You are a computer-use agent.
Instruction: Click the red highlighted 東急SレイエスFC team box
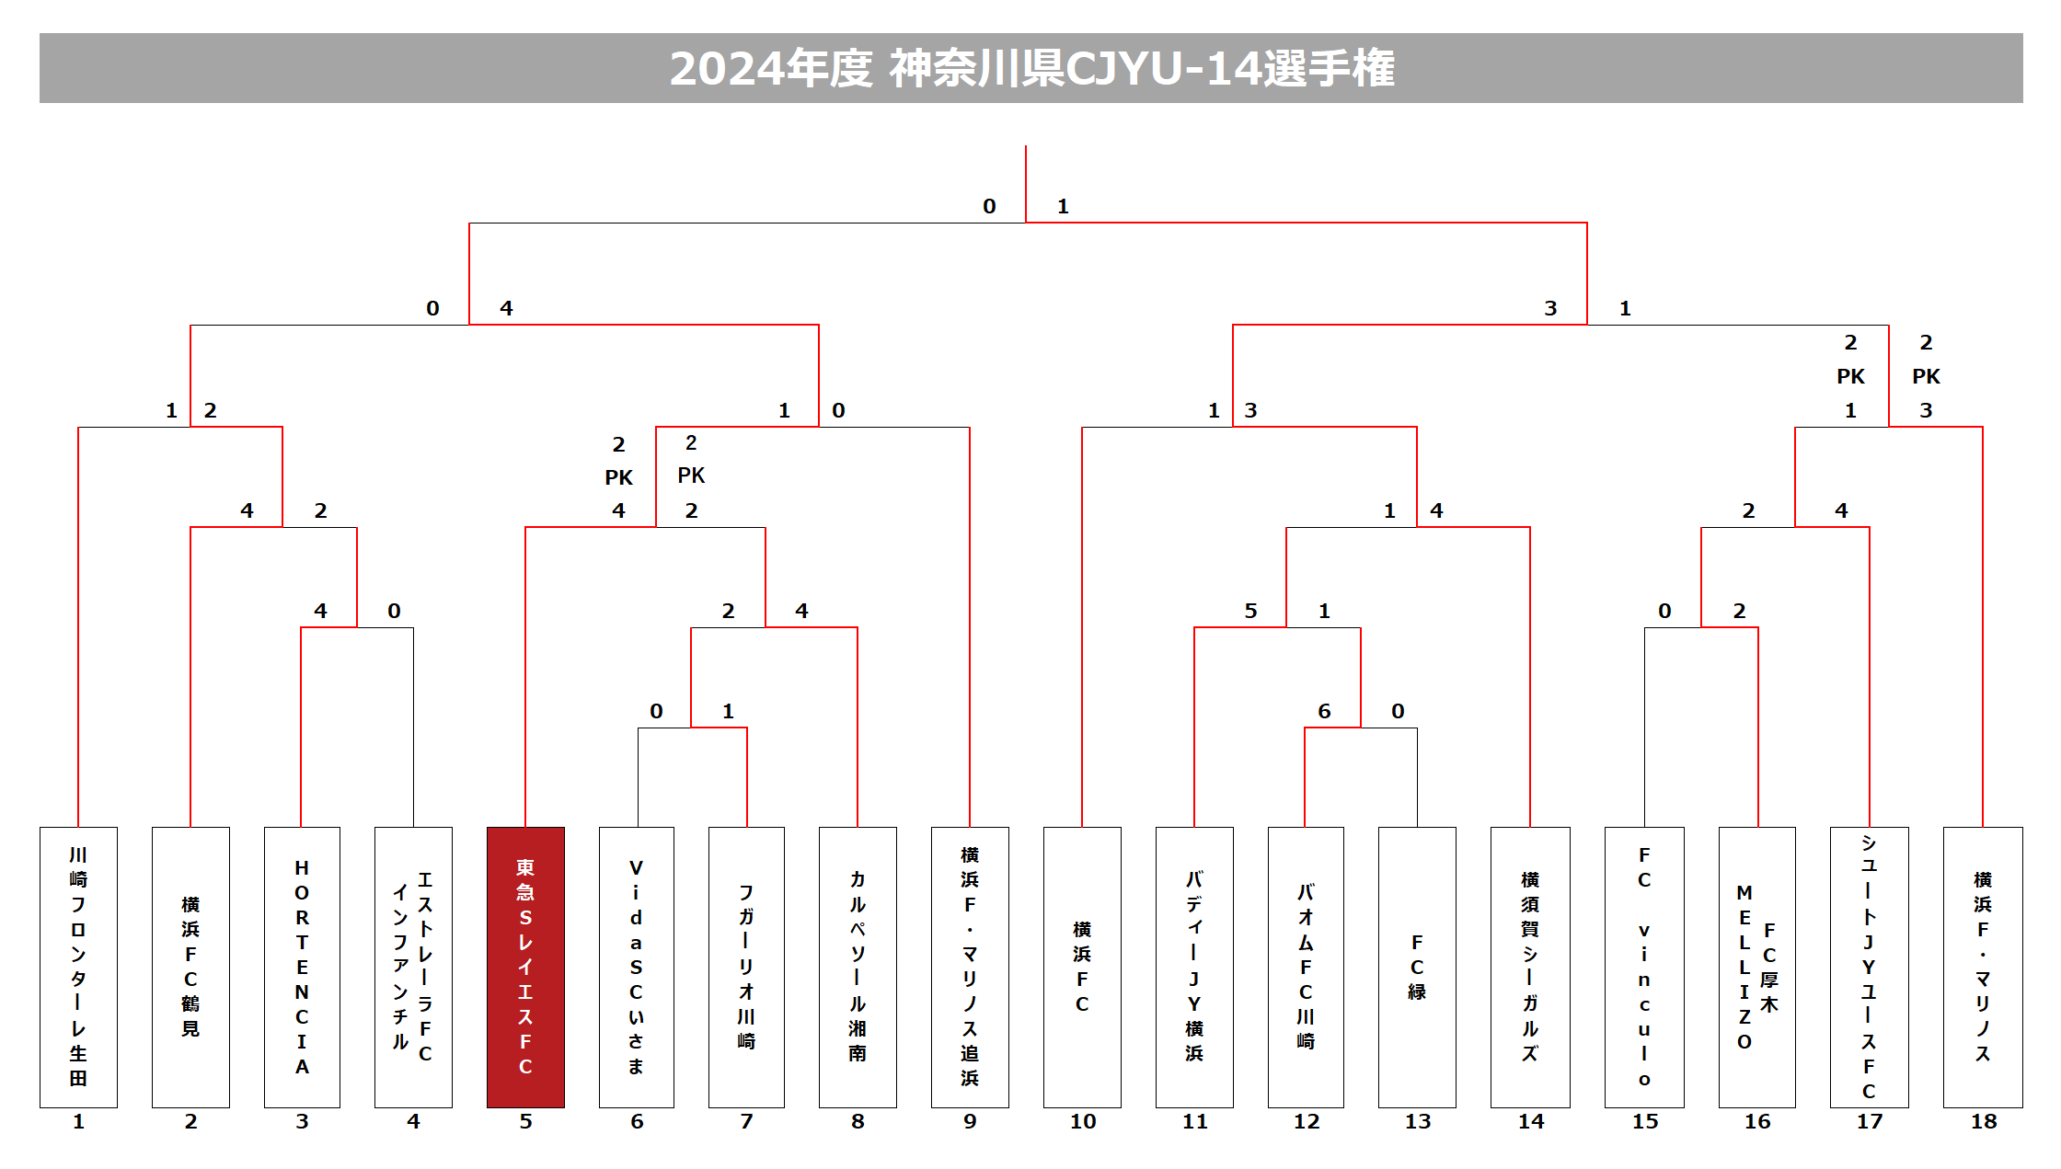click(525, 967)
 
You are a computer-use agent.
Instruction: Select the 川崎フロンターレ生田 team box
click(78, 967)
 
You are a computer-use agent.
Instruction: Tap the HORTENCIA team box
click(302, 967)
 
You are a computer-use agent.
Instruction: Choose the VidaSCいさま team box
click(636, 967)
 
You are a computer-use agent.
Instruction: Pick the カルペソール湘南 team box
click(858, 967)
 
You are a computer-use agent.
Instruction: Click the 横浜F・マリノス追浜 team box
click(970, 967)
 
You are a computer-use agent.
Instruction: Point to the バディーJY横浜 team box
click(1194, 967)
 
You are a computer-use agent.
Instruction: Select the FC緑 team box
click(1417, 967)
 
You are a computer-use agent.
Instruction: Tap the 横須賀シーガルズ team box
click(1530, 967)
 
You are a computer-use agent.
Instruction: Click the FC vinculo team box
click(1644, 967)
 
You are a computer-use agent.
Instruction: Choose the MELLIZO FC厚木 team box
click(1756, 967)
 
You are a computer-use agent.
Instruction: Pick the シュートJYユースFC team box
click(1869, 967)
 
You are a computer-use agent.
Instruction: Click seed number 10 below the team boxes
click(1083, 1121)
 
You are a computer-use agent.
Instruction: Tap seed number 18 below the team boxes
click(1984, 1121)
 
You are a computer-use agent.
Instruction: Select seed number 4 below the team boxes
click(413, 1121)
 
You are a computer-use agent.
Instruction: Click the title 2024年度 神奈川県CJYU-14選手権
click(1030, 68)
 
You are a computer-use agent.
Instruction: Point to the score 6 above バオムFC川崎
click(1324, 711)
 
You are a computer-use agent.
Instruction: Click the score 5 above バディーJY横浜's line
click(1250, 611)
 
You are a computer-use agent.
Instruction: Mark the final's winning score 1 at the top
click(1063, 206)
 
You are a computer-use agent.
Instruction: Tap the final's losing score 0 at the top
click(989, 206)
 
